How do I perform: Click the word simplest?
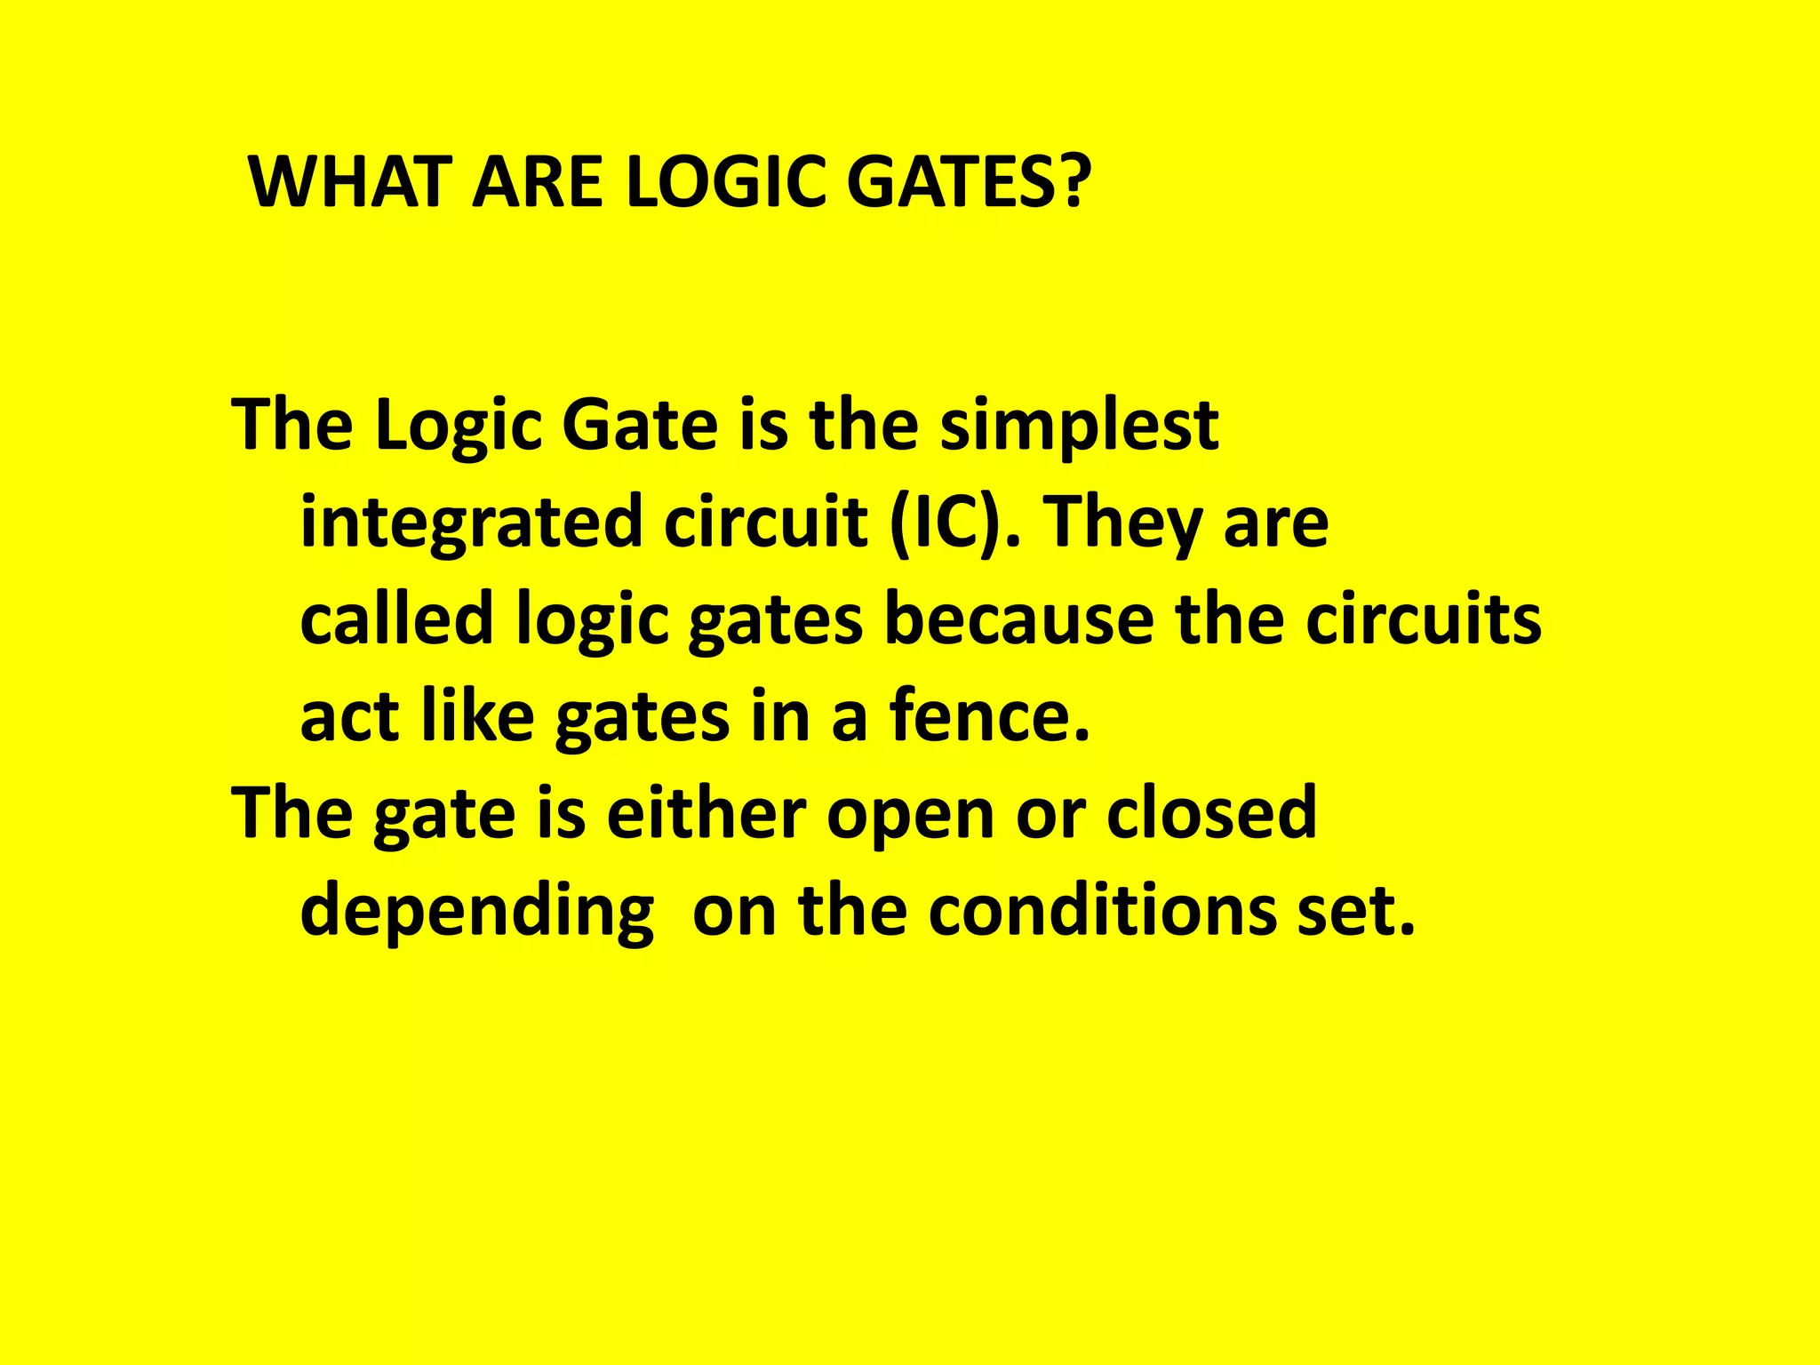[x=1079, y=426]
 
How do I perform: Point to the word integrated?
[x=471, y=523]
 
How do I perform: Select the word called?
[x=396, y=619]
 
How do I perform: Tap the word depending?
[x=476, y=912]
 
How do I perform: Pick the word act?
[x=348, y=718]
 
